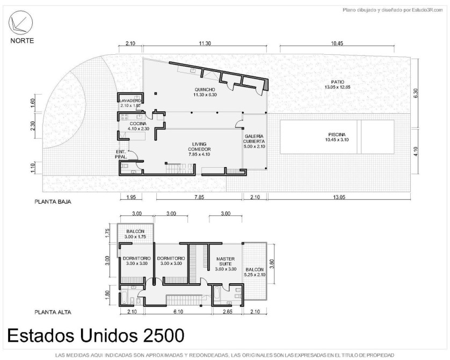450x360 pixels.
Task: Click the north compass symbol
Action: (x=20, y=23)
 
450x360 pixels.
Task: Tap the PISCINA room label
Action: (x=337, y=134)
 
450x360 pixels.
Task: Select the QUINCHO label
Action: (x=205, y=89)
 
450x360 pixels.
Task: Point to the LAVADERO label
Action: (x=130, y=101)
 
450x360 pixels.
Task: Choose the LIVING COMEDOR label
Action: (x=199, y=147)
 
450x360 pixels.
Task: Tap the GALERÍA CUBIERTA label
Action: (x=254, y=139)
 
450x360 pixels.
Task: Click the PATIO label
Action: (x=337, y=82)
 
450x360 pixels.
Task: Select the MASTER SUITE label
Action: (x=226, y=261)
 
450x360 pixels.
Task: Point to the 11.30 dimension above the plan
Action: (x=205, y=44)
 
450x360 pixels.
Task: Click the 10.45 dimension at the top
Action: (x=337, y=44)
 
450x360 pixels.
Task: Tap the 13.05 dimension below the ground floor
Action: (x=339, y=197)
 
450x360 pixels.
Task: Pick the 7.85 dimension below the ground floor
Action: (x=199, y=197)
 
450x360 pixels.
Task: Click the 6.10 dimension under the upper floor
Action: (x=178, y=312)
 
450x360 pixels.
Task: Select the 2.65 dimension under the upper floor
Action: (x=227, y=312)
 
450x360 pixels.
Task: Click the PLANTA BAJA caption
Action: (x=53, y=201)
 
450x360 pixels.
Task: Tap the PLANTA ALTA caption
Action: (x=53, y=312)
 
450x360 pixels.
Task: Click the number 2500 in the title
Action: (x=163, y=335)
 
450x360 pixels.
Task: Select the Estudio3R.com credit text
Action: (x=423, y=10)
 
